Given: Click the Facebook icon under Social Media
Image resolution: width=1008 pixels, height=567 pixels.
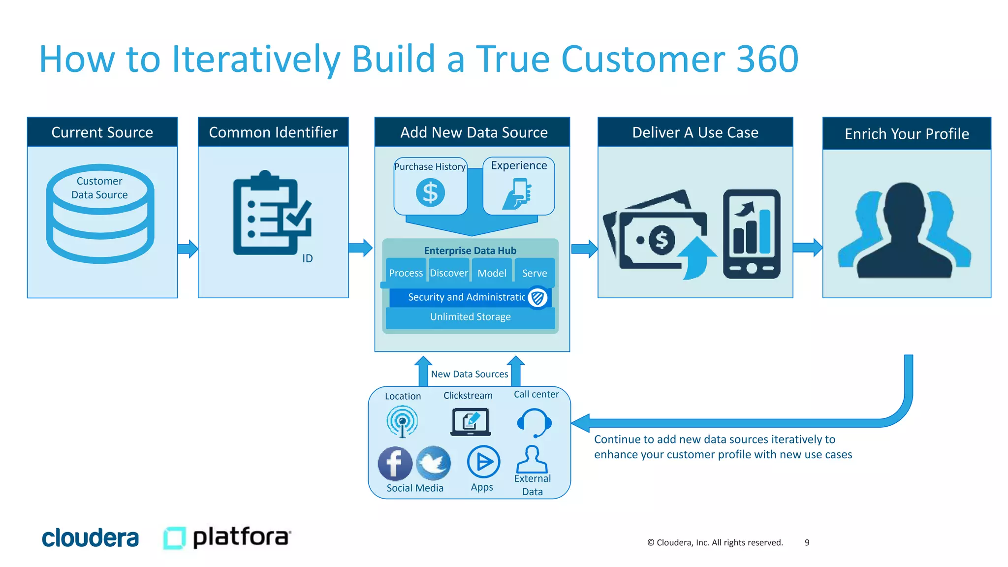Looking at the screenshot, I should click(x=395, y=464).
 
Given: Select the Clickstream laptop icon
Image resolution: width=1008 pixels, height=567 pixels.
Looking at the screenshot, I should click(x=470, y=422).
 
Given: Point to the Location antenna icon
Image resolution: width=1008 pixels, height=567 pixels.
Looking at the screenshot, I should click(x=402, y=421).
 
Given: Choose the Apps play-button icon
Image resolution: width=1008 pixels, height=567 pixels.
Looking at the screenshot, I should click(x=483, y=462).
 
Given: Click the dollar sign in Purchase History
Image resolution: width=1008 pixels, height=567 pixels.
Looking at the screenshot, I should click(x=430, y=192).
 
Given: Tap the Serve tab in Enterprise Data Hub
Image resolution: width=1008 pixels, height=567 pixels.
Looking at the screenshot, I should click(x=534, y=273).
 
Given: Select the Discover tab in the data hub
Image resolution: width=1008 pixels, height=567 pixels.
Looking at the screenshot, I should click(x=448, y=273).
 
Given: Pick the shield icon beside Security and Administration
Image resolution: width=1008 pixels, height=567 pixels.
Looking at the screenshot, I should click(x=537, y=297).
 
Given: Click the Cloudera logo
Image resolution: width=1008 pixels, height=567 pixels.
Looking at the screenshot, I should click(x=90, y=538).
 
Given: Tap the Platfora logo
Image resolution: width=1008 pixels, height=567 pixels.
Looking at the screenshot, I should click(x=227, y=537).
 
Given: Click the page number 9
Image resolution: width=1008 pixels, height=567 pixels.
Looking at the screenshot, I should click(x=807, y=542).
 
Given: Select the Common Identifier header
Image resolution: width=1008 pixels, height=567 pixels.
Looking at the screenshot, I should click(x=273, y=132).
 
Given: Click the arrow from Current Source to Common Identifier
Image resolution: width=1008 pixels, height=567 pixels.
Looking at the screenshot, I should click(x=188, y=249).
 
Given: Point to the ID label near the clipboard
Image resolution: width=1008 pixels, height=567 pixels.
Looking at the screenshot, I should click(x=308, y=258).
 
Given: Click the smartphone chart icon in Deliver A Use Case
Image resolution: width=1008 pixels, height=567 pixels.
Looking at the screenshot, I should click(x=752, y=234).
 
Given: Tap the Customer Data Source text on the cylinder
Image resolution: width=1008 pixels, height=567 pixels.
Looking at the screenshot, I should click(x=99, y=188).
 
